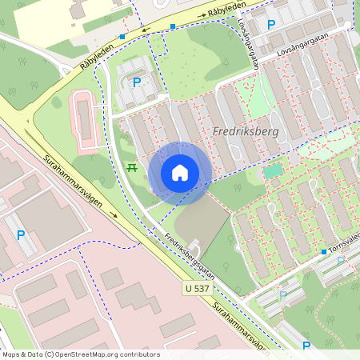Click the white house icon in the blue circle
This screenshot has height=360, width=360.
point(180,172)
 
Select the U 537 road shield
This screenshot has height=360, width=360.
point(195,286)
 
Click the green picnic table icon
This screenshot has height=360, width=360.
point(132,167)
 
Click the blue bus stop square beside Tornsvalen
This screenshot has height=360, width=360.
point(323,252)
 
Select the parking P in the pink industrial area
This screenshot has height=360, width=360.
point(21,235)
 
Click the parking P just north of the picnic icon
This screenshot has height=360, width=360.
point(137,82)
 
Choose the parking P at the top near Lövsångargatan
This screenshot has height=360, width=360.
point(270,25)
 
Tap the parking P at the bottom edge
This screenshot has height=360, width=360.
point(306,346)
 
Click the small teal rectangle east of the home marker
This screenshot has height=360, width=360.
point(274,170)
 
